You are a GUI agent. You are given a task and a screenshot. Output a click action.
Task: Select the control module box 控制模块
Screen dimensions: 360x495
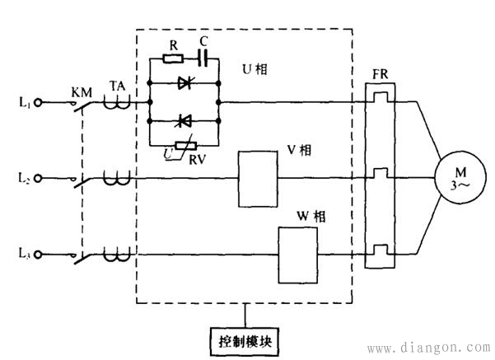coord(246,339)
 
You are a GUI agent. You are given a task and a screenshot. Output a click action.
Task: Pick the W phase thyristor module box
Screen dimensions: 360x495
coord(297,250)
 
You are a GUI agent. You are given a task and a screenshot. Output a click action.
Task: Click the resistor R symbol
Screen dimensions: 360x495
coord(173,58)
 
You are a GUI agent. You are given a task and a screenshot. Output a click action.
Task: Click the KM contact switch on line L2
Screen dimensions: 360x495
coord(82,175)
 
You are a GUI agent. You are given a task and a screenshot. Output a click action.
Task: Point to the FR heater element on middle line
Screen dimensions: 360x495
coord(380,174)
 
